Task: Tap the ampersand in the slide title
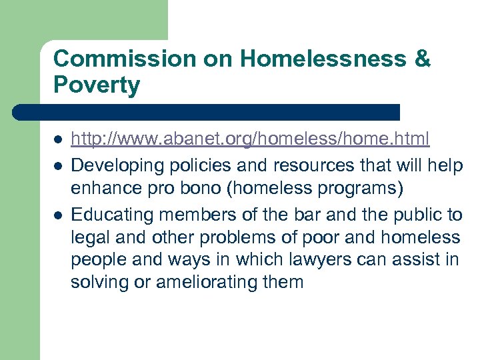point(422,59)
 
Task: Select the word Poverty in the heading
point(97,85)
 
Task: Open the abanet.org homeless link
point(250,139)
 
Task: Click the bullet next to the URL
point(58,139)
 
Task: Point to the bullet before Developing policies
point(58,163)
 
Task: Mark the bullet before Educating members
point(58,215)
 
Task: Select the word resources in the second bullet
point(293,163)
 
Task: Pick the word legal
point(89,237)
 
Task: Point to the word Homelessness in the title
point(323,59)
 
